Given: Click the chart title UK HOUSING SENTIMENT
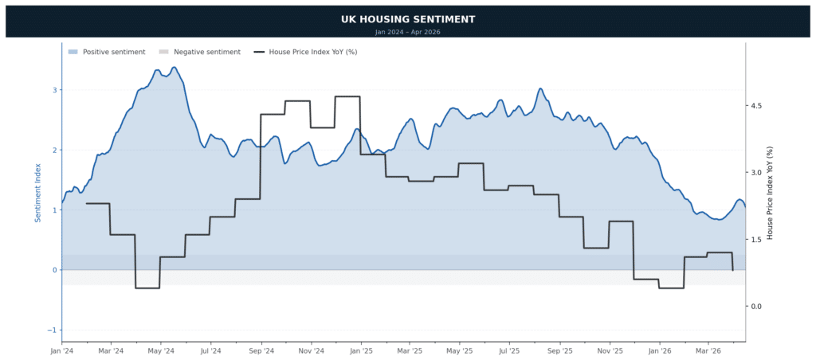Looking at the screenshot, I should (x=407, y=19).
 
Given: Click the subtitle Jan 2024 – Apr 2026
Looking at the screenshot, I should (x=407, y=32).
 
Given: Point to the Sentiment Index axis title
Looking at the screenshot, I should (x=37, y=192).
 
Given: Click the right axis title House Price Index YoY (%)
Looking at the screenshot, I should (x=770, y=192).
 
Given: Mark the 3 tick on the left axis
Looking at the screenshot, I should (x=54, y=90).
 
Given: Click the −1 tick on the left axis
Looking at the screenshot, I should (x=53, y=330).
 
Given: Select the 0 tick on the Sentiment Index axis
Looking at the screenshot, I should (x=54, y=270).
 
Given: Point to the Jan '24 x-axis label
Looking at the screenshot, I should (x=62, y=350).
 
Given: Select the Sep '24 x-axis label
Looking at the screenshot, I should (x=261, y=350).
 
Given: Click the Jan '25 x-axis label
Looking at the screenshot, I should (x=361, y=350).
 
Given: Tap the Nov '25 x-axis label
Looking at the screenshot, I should (x=610, y=350).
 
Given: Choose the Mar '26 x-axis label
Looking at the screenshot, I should (x=708, y=350).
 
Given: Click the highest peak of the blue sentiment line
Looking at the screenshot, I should (x=174, y=68).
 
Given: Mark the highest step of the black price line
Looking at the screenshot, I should (x=347, y=96).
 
